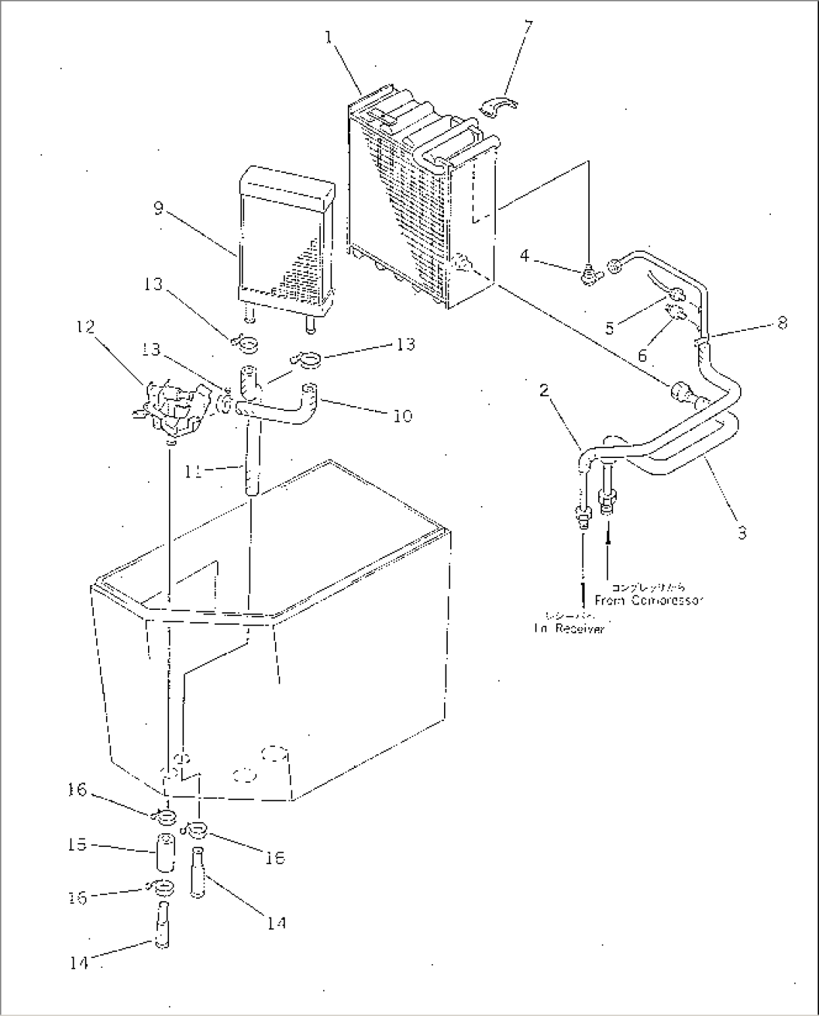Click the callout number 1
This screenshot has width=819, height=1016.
pos(329,36)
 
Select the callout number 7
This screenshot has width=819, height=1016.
pos(528,29)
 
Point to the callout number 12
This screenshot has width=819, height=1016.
pos(85,327)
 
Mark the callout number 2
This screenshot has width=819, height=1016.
pos(544,390)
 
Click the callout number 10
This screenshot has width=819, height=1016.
pos(403,415)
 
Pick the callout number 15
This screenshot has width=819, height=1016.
pos(78,845)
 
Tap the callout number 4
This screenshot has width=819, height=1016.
pos(524,256)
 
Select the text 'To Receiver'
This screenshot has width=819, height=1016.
pos(569,629)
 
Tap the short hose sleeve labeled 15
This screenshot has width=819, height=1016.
pos(167,851)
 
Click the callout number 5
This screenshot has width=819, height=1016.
pos(609,327)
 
